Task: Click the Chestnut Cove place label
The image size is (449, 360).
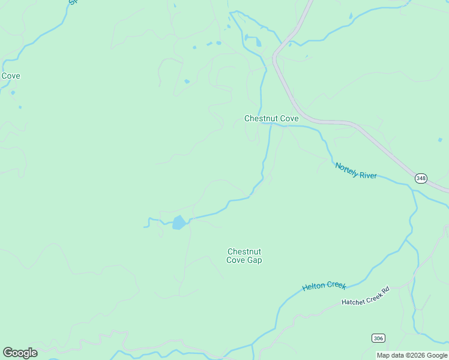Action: [x=271, y=119]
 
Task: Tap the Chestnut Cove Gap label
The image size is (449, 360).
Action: [x=244, y=256]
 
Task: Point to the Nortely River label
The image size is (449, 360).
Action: [x=356, y=170]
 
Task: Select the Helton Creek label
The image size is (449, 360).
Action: [x=324, y=286]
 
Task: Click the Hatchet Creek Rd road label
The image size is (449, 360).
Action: [x=366, y=296]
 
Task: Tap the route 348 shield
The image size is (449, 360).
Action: [x=421, y=179]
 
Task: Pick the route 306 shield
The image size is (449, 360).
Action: [x=378, y=338]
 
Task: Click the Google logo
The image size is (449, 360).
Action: [x=20, y=353]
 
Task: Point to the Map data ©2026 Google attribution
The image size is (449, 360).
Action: [x=412, y=356]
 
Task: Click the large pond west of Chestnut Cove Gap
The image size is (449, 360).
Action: [x=178, y=223]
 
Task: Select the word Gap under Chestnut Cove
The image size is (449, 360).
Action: [x=254, y=260]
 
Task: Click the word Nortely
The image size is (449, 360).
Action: [x=346, y=167]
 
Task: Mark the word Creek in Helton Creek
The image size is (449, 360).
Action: [x=336, y=284]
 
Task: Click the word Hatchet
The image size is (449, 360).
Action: [x=353, y=300]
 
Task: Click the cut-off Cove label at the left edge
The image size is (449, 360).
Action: [x=10, y=76]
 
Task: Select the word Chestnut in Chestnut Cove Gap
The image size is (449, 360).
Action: [x=244, y=251]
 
